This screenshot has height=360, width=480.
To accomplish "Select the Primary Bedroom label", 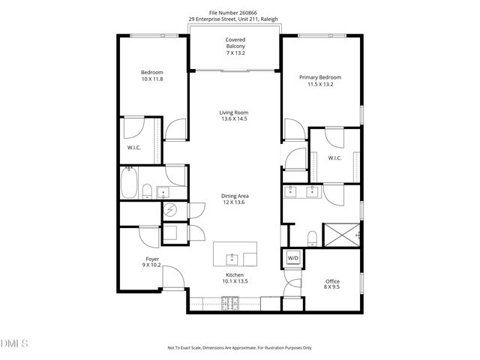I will [x=320, y=77].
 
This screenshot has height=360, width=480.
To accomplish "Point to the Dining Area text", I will [x=234, y=196].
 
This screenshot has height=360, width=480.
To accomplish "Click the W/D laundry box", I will [x=292, y=259].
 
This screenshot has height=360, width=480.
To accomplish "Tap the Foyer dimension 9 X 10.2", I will [x=152, y=265].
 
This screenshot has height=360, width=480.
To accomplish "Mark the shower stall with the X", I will [x=341, y=235].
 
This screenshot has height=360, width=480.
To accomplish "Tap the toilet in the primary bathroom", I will [x=311, y=238].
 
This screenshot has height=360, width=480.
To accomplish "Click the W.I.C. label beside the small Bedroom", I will [x=134, y=147].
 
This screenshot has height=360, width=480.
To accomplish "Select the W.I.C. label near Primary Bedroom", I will [x=334, y=157].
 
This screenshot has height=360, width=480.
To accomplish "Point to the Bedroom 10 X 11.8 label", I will [x=152, y=75].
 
